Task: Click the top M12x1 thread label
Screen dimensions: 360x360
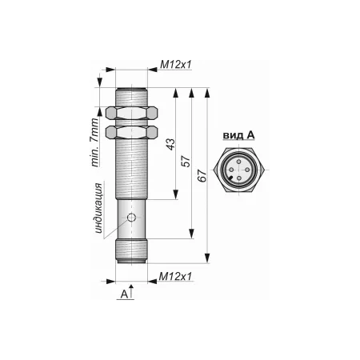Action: pos(176,65)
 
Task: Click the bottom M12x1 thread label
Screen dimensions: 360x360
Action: pos(175,277)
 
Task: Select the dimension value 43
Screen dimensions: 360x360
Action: pos(171,144)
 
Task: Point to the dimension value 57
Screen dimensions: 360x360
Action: pos(187,161)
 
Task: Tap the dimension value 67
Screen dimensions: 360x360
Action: pos(202,176)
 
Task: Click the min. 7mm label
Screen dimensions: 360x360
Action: pos(94,142)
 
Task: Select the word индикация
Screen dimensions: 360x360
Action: pos(98,209)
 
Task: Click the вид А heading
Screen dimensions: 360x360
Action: pos(238,136)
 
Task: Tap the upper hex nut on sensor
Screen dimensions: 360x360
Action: pos(132,113)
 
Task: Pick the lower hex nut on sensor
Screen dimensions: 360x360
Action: pos(132,132)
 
